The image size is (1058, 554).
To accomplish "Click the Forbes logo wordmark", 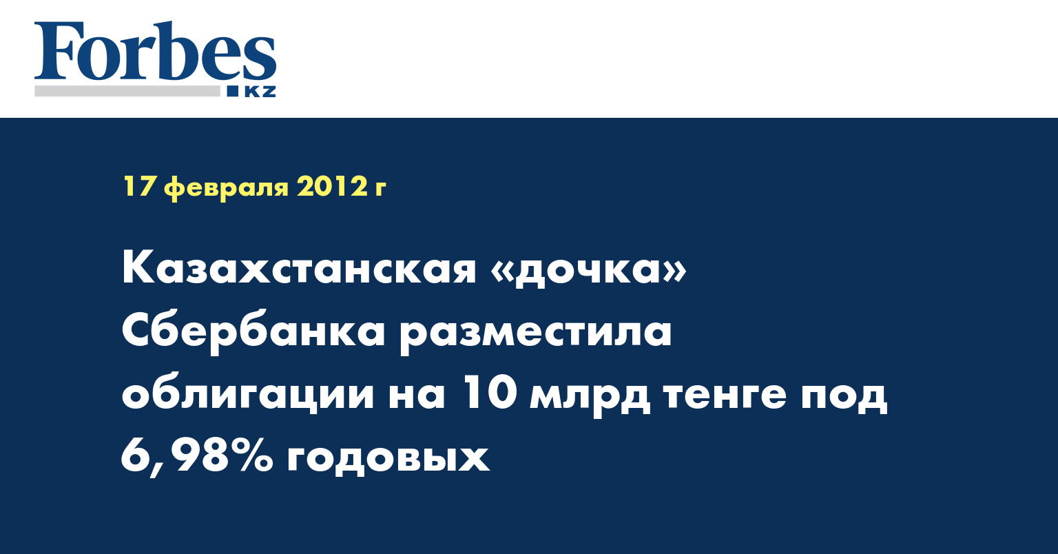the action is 155,52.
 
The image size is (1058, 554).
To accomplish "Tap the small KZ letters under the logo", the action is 260,92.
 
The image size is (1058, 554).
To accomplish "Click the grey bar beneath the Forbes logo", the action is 127,91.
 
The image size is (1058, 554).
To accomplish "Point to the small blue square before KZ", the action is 233,91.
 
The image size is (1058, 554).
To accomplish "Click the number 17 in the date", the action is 139,186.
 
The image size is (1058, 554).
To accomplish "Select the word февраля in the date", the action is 226,188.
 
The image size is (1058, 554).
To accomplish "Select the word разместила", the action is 536,335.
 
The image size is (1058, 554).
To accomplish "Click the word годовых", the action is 388,459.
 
